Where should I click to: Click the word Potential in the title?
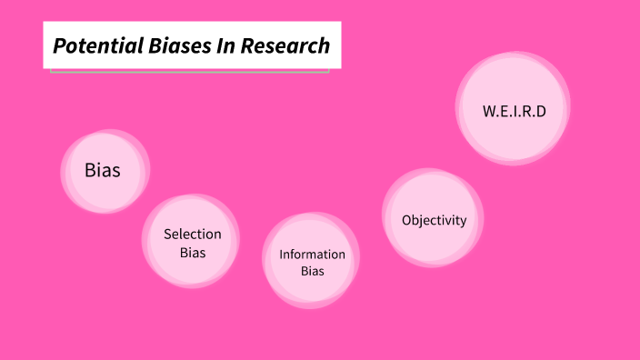click(91, 45)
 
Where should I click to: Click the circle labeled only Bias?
click(103, 170)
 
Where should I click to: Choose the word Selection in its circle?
click(192, 235)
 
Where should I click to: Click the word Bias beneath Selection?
click(192, 253)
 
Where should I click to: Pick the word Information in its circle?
click(312, 255)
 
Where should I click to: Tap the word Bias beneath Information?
click(312, 271)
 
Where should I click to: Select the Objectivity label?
click(434, 220)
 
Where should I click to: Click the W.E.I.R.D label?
click(514, 111)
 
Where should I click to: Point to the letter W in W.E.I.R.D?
click(489, 111)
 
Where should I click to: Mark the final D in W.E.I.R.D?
click(541, 111)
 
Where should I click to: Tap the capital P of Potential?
click(59, 45)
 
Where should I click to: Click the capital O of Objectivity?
click(406, 220)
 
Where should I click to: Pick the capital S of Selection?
click(167, 235)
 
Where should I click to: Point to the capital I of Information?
click(281, 255)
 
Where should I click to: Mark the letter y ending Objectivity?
click(463, 222)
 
